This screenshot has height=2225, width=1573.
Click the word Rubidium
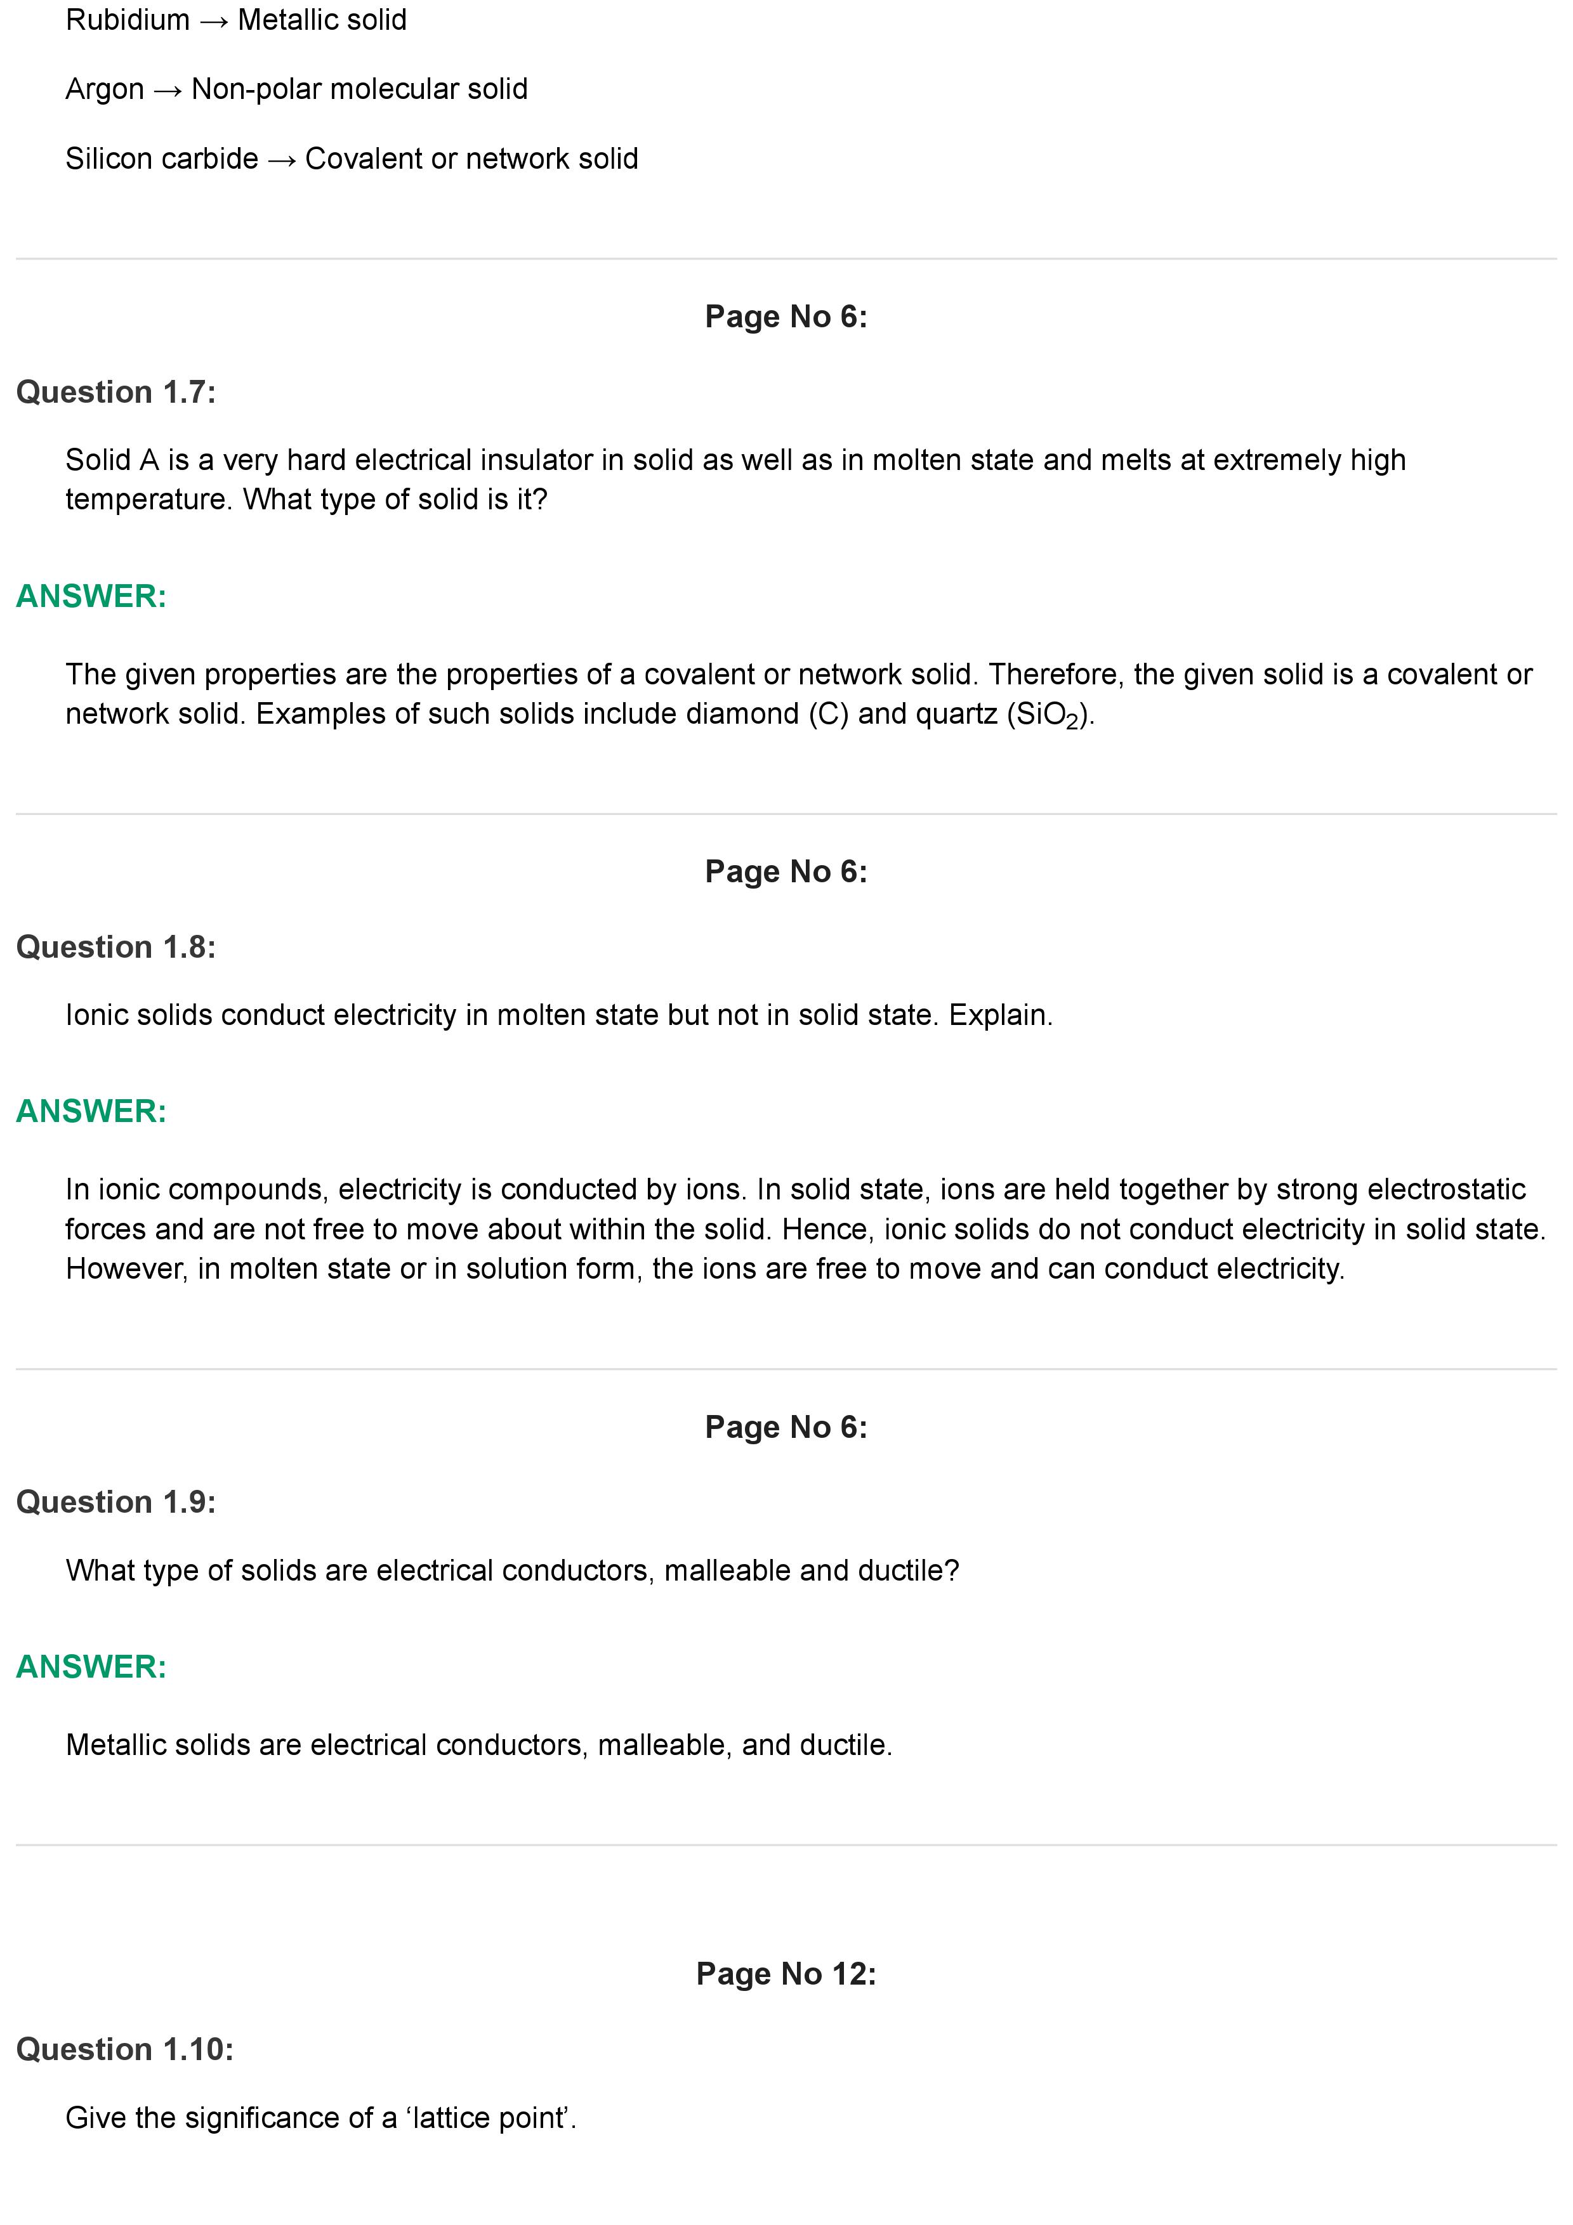click(x=127, y=20)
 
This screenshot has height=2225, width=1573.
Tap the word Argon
click(x=103, y=89)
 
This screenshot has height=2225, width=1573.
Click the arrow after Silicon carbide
click(x=281, y=160)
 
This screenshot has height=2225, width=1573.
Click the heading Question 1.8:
click(x=115, y=947)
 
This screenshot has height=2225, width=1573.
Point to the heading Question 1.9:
click(x=115, y=1501)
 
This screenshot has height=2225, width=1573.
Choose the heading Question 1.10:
click(x=124, y=2049)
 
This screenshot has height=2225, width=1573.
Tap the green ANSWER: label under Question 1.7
click(x=91, y=596)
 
